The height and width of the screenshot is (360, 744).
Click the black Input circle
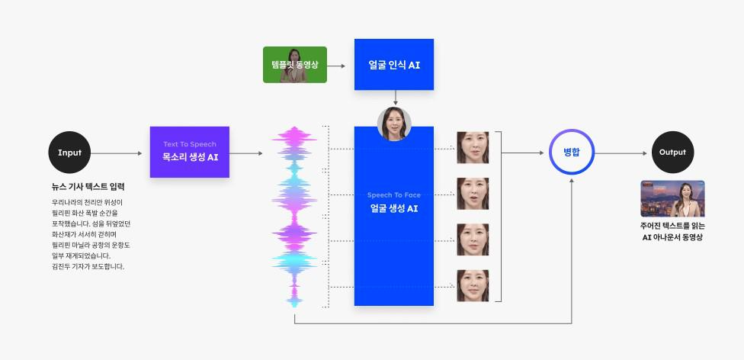69,153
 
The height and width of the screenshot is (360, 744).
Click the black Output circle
672,153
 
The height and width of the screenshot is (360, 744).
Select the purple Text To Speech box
189,152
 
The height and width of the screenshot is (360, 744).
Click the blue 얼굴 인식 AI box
394,65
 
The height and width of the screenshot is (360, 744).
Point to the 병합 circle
572,153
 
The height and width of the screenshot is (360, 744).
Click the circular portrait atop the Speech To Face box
394,124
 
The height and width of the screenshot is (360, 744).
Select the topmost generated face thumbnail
473,147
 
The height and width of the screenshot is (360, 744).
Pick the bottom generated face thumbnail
473,285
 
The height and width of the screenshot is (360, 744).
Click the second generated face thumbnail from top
473,194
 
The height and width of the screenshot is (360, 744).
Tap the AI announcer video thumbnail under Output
672,198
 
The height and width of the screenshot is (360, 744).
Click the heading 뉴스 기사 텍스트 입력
88,187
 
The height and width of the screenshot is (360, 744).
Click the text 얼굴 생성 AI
394,208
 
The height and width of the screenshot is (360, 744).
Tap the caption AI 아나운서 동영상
672,237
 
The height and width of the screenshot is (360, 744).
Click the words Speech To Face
394,195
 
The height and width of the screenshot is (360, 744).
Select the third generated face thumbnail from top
473,239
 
